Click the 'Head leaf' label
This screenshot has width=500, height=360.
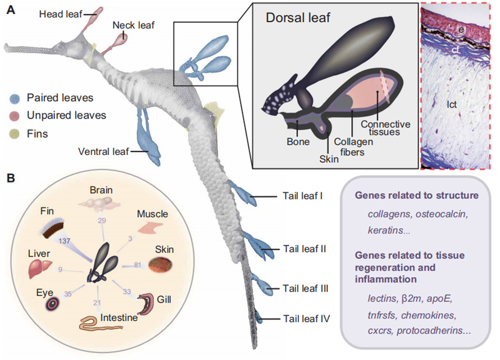click(61, 14)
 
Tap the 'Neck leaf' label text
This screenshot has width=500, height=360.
click(133, 25)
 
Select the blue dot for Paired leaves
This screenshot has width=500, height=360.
click(15, 98)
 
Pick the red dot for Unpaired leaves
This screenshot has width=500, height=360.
click(15, 115)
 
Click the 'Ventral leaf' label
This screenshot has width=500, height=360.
click(104, 151)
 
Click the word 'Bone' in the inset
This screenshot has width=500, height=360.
click(298, 142)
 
